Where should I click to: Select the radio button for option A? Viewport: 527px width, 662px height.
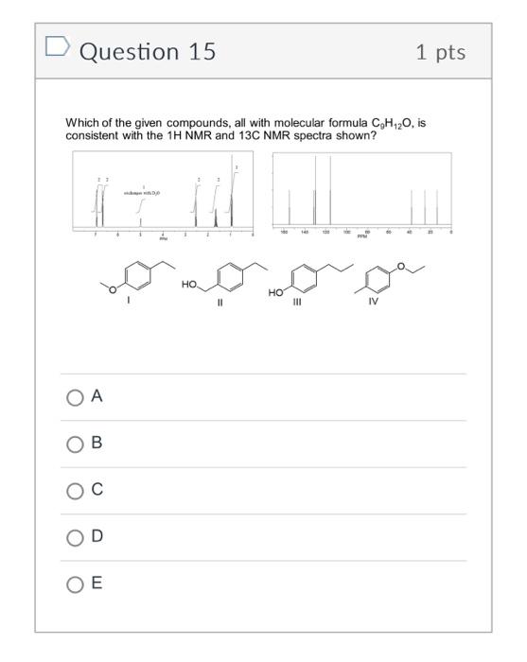click(75, 398)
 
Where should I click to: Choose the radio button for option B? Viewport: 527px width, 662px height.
click(75, 444)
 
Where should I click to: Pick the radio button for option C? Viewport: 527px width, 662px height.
click(75, 491)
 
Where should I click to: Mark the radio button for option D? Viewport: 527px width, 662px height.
click(75, 537)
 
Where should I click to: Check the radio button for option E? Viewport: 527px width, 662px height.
click(75, 584)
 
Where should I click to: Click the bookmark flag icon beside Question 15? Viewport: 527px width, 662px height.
click(58, 47)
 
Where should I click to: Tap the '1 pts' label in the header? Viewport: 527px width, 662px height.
click(440, 51)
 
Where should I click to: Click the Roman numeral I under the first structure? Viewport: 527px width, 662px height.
click(130, 302)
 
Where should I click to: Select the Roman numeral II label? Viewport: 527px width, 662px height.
click(220, 304)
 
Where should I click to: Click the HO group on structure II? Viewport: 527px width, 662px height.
click(189, 284)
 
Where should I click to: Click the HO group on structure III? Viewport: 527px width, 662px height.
click(275, 292)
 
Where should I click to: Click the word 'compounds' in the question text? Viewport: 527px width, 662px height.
click(166, 124)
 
